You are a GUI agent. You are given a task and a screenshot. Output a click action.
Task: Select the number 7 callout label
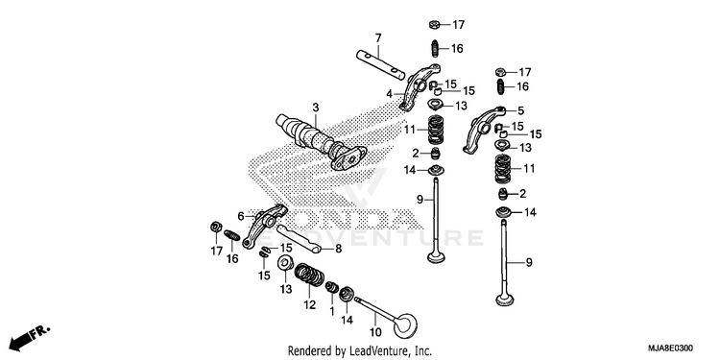pos(378,38)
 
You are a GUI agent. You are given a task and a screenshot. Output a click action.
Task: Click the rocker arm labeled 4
pos(420,87)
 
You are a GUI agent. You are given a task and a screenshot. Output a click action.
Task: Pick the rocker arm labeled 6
pos(265,226)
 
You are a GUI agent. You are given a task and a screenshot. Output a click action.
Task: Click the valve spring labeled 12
pos(309,275)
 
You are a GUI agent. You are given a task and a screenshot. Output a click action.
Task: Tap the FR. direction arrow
pos(30,337)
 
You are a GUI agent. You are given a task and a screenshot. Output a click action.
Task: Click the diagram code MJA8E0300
pos(670,348)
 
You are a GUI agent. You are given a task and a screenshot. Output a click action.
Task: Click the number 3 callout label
pos(316,108)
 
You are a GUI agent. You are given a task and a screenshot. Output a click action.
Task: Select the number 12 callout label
pos(309,304)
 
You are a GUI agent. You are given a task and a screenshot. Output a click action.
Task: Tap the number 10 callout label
pos(375,331)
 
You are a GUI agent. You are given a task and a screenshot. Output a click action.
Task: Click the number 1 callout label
pos(331,310)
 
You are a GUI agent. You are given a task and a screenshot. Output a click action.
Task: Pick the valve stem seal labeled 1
pos(331,288)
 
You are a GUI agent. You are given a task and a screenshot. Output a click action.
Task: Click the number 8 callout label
pos(338,250)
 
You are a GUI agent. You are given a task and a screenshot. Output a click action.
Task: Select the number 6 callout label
pos(241,215)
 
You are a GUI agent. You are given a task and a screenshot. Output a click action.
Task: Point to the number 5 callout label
pos(520,110)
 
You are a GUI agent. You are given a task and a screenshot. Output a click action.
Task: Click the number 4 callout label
pos(389,94)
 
